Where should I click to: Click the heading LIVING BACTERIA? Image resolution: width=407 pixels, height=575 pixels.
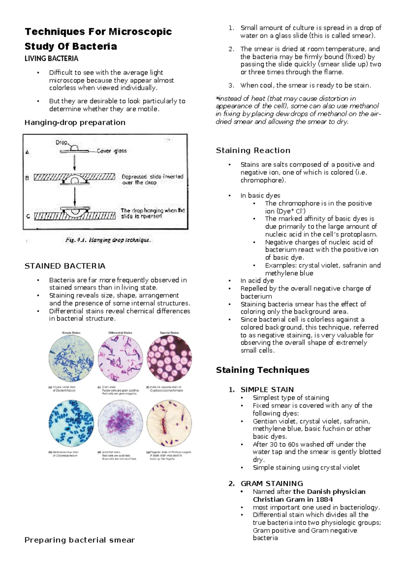coord(51,59)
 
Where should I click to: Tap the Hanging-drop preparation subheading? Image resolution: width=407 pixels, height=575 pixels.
coord(75,122)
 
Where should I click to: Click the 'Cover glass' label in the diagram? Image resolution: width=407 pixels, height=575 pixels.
coord(112,151)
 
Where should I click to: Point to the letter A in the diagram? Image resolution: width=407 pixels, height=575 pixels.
coord(27,152)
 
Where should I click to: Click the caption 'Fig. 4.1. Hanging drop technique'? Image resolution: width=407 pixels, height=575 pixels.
coord(108,240)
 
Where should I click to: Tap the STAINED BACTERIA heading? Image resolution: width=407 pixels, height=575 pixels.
coord(65,266)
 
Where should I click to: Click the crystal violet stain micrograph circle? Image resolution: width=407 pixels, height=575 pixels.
coord(71,359)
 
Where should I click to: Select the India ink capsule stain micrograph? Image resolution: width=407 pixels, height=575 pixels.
coord(169,359)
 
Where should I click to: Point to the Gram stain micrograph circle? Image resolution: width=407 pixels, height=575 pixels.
coord(120,359)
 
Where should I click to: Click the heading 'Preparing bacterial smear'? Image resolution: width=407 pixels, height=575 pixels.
coord(80,540)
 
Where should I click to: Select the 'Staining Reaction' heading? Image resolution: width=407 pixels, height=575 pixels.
coord(253,151)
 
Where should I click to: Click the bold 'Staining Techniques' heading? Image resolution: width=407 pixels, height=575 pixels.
coord(263,370)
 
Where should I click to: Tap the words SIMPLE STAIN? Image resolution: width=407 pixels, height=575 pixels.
coord(267,390)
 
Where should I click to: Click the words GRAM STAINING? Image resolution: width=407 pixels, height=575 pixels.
coord(272,483)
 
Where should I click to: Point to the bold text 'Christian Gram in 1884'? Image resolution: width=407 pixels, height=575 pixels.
coord(293,499)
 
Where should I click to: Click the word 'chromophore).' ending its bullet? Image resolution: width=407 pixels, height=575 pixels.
coord(263,180)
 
